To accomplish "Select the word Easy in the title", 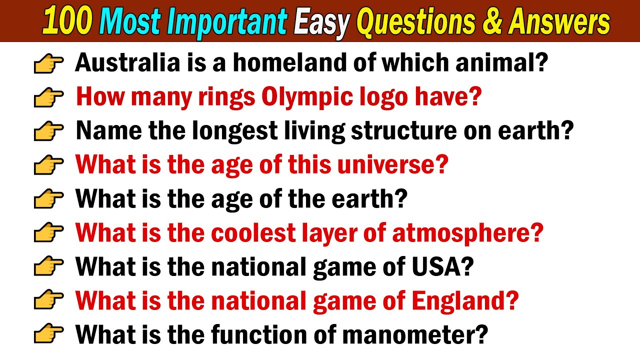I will coord(320,22).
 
